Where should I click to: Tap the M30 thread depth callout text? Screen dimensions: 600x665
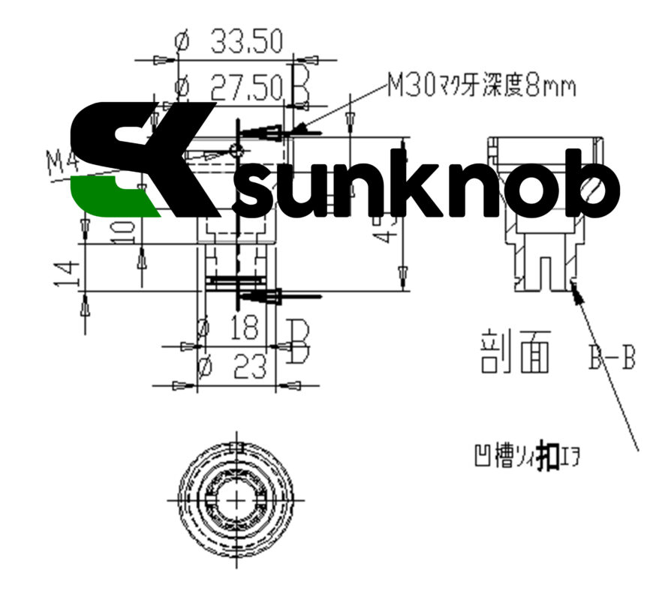click(481, 87)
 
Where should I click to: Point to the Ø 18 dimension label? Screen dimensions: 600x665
click(228, 328)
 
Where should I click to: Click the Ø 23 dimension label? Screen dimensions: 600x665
click(230, 367)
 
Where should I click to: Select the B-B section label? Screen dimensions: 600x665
click(611, 358)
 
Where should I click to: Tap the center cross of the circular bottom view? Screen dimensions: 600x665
click(237, 498)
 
